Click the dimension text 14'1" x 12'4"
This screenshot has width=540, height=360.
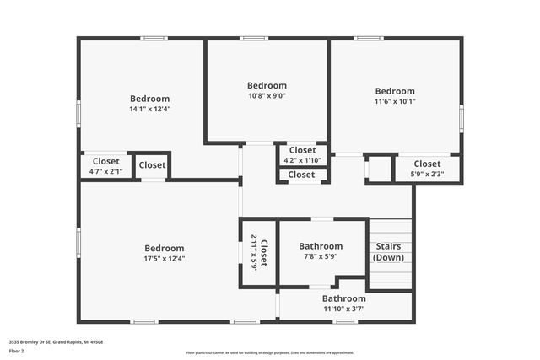click(x=149, y=109)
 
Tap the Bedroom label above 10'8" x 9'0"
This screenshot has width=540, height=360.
click(x=267, y=85)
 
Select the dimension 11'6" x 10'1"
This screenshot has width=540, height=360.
click(x=395, y=102)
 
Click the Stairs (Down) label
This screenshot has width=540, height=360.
click(x=388, y=252)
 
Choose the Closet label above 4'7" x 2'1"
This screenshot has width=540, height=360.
click(x=105, y=161)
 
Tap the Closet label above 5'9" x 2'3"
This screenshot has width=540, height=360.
click(x=426, y=164)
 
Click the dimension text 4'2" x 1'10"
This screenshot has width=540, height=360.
click(x=302, y=160)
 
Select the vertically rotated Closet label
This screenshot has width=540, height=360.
click(x=263, y=253)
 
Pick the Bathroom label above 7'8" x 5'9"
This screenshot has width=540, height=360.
click(x=320, y=246)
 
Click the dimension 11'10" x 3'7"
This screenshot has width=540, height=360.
click(x=343, y=309)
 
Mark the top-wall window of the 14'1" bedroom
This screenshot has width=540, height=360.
click(x=154, y=38)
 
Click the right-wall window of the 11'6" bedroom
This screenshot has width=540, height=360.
click(x=462, y=116)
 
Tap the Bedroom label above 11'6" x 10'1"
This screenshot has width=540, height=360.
click(x=395, y=91)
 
